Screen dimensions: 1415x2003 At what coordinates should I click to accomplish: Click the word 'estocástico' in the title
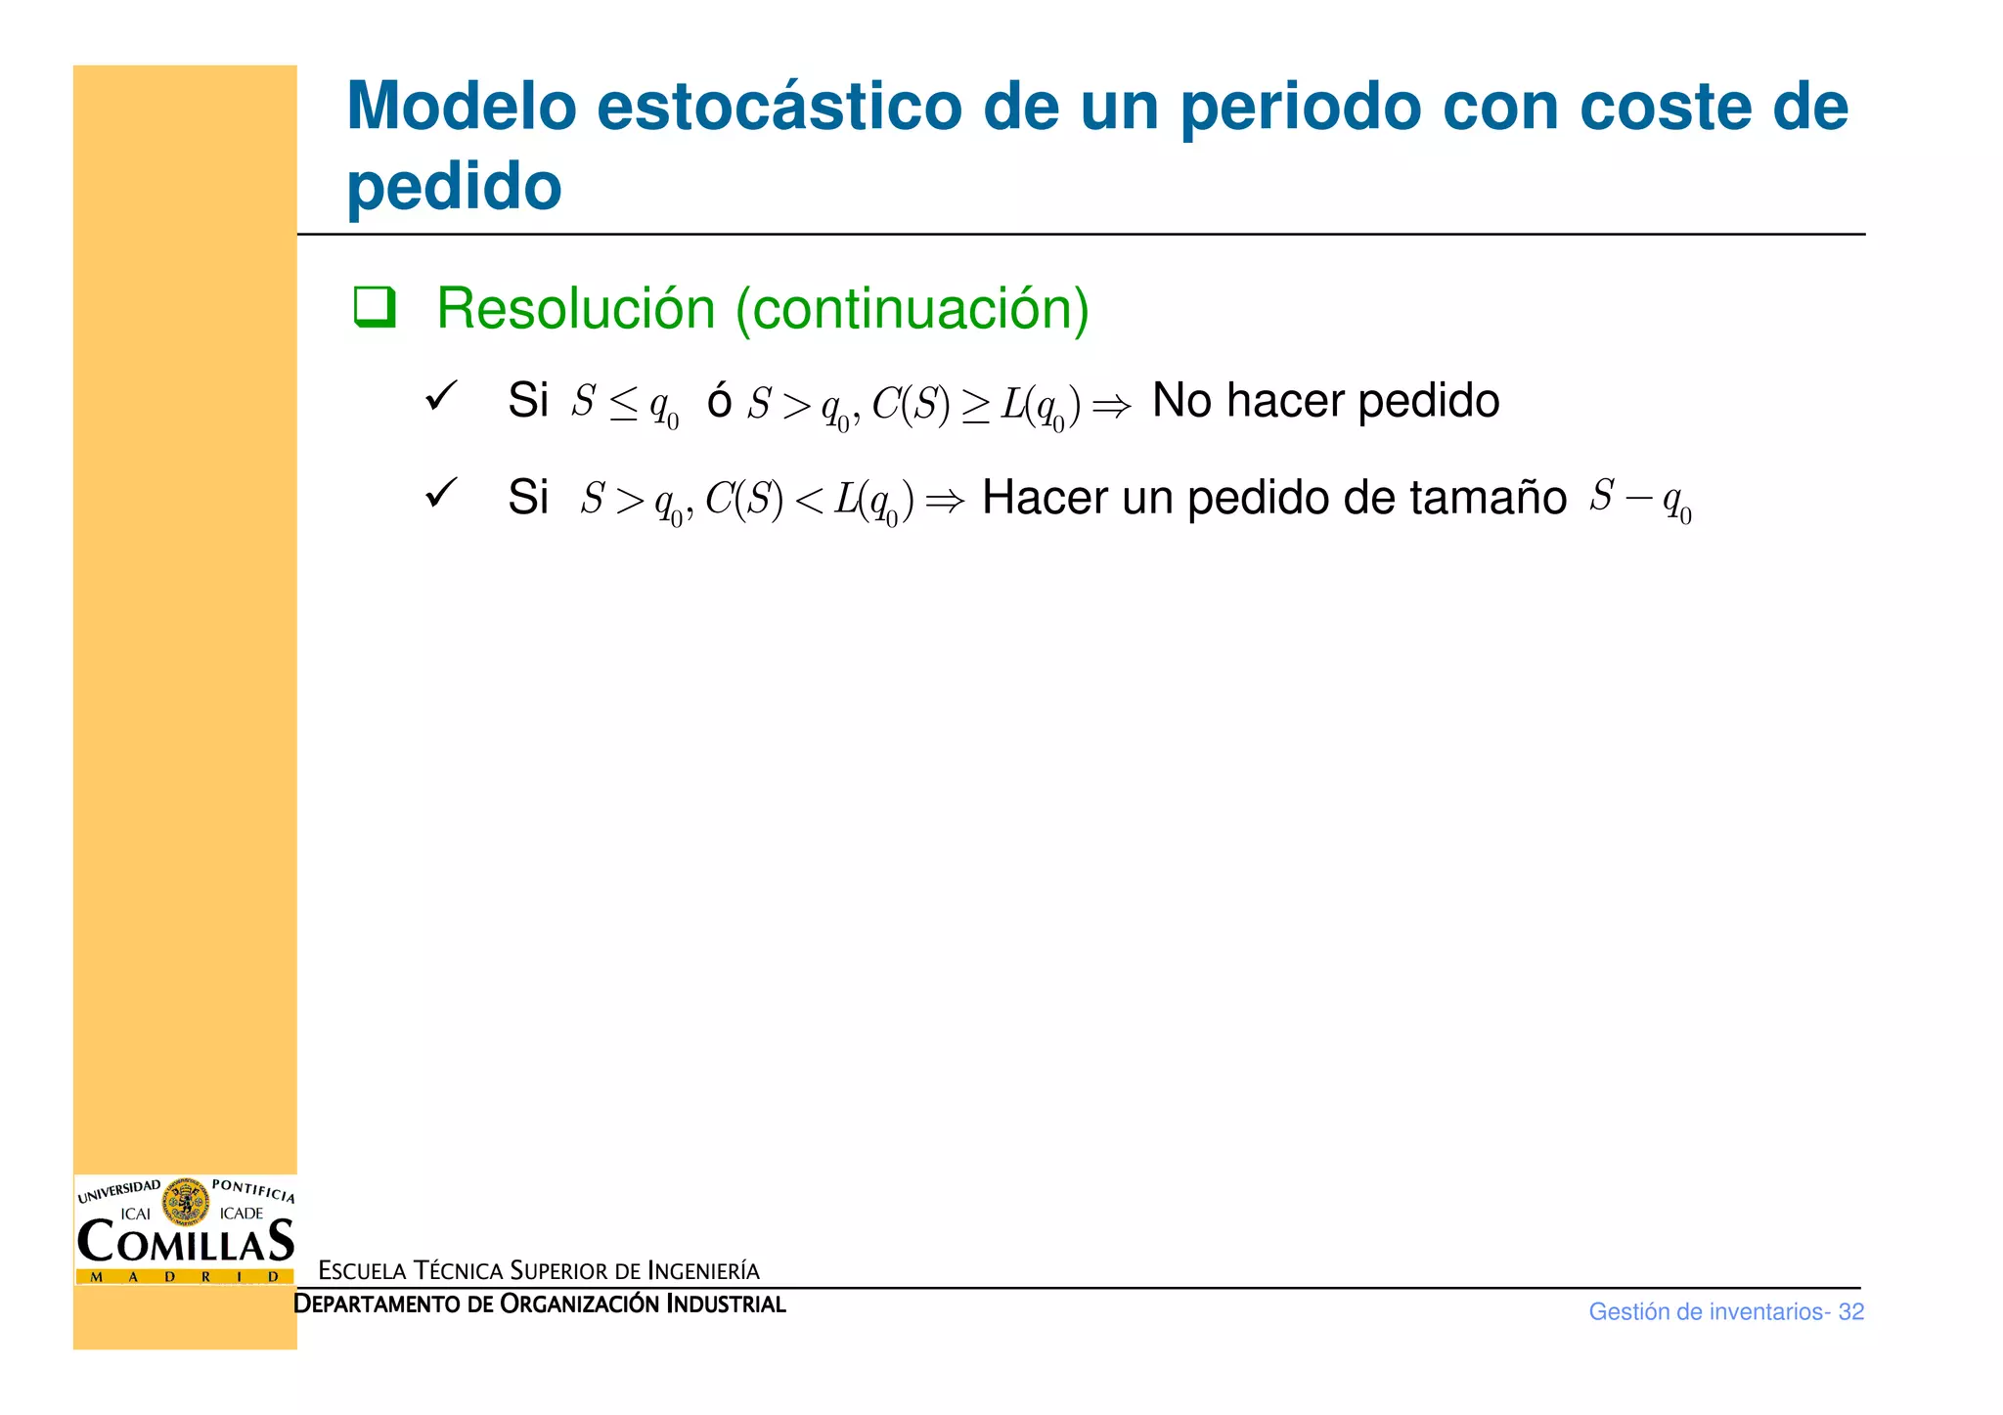pyautogui.click(x=779, y=107)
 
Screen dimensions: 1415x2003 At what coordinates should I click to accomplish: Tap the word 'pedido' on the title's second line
pyautogui.click(x=454, y=187)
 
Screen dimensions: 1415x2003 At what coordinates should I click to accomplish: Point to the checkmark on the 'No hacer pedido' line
pyautogui.click(x=441, y=397)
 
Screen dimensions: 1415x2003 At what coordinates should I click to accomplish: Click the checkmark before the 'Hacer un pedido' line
pyautogui.click(x=441, y=493)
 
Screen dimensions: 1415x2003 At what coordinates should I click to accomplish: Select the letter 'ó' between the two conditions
pyautogui.click(x=720, y=401)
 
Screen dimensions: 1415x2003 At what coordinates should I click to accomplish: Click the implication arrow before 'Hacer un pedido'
pyautogui.click(x=945, y=502)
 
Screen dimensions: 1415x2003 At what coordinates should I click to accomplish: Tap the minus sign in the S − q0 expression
pyautogui.click(x=1637, y=499)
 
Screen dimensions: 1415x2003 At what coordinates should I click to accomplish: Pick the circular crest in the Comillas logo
pyautogui.click(x=186, y=1202)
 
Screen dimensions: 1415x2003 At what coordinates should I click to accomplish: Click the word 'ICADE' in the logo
pyautogui.click(x=242, y=1214)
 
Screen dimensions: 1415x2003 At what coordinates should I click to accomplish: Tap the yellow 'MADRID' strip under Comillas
pyautogui.click(x=185, y=1276)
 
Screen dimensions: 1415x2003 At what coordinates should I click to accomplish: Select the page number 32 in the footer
pyautogui.click(x=1850, y=1312)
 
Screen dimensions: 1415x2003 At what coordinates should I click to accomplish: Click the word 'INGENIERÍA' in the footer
pyautogui.click(x=703, y=1271)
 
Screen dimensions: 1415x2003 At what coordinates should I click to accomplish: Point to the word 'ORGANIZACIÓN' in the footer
pyautogui.click(x=579, y=1304)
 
